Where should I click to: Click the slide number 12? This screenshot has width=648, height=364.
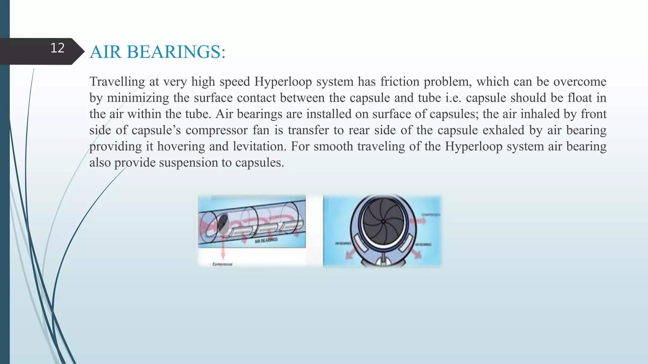(x=57, y=48)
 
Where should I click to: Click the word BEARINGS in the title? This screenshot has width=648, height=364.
(x=176, y=52)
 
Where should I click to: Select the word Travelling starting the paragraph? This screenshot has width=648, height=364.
(x=117, y=82)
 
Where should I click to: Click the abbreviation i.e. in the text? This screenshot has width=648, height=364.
(x=453, y=98)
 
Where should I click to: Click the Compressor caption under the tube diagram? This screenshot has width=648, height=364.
(x=222, y=264)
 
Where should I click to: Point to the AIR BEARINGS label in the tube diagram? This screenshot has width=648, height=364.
(x=266, y=240)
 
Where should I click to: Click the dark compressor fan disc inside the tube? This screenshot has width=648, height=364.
(x=223, y=223)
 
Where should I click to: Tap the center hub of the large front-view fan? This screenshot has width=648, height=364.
(x=383, y=222)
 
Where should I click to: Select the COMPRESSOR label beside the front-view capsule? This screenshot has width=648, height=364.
(x=430, y=215)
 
